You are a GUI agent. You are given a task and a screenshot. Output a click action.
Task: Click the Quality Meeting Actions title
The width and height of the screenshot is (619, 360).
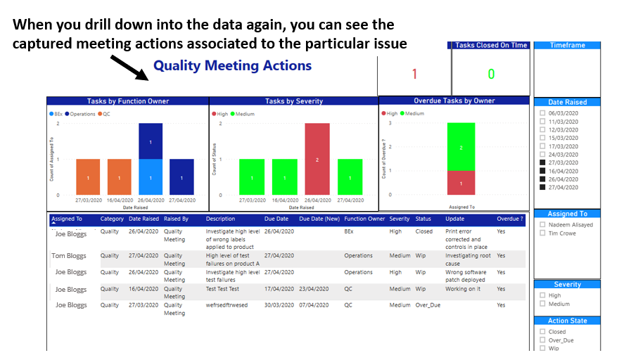(x=232, y=65)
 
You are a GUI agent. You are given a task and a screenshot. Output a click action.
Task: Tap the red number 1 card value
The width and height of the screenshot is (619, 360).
(x=414, y=74)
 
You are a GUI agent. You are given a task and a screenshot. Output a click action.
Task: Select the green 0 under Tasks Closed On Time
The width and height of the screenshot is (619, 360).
(x=491, y=74)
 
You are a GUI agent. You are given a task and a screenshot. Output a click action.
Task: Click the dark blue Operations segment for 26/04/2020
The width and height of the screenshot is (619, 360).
(x=151, y=141)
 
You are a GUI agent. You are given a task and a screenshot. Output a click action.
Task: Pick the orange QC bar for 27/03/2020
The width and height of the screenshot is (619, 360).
(x=88, y=177)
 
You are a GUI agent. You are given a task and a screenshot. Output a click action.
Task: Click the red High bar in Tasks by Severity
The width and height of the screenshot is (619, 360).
(x=317, y=159)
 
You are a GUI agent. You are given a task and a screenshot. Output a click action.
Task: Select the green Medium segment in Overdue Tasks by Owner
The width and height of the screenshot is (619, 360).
(x=461, y=147)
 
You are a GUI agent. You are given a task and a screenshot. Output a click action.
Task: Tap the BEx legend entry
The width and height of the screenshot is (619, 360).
(x=56, y=114)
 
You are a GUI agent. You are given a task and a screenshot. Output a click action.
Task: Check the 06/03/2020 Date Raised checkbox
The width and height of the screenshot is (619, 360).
(x=542, y=113)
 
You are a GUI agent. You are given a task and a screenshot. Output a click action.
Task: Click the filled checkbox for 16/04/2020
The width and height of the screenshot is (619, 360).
(x=542, y=171)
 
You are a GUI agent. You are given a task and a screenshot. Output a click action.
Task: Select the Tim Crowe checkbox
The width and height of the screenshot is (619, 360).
(x=542, y=233)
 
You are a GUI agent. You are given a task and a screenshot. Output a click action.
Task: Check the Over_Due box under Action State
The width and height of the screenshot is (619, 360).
(x=542, y=340)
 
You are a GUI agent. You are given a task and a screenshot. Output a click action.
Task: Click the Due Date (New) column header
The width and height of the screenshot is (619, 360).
(x=319, y=219)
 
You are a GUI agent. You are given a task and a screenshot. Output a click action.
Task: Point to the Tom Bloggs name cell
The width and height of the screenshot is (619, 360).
(x=69, y=256)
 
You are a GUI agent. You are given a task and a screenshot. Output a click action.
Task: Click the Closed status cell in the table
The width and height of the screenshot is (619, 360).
(x=423, y=231)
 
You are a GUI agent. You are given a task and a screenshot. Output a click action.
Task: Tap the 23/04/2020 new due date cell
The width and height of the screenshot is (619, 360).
(x=314, y=289)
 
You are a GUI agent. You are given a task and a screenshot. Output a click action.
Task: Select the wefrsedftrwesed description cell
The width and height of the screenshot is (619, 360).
(x=226, y=305)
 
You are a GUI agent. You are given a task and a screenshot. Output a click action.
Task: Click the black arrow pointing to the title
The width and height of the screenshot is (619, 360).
(x=129, y=68)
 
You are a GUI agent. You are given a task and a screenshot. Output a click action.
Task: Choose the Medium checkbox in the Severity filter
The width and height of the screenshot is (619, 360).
(x=542, y=304)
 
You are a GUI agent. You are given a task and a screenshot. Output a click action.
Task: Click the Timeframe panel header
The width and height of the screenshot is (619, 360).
(x=567, y=46)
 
